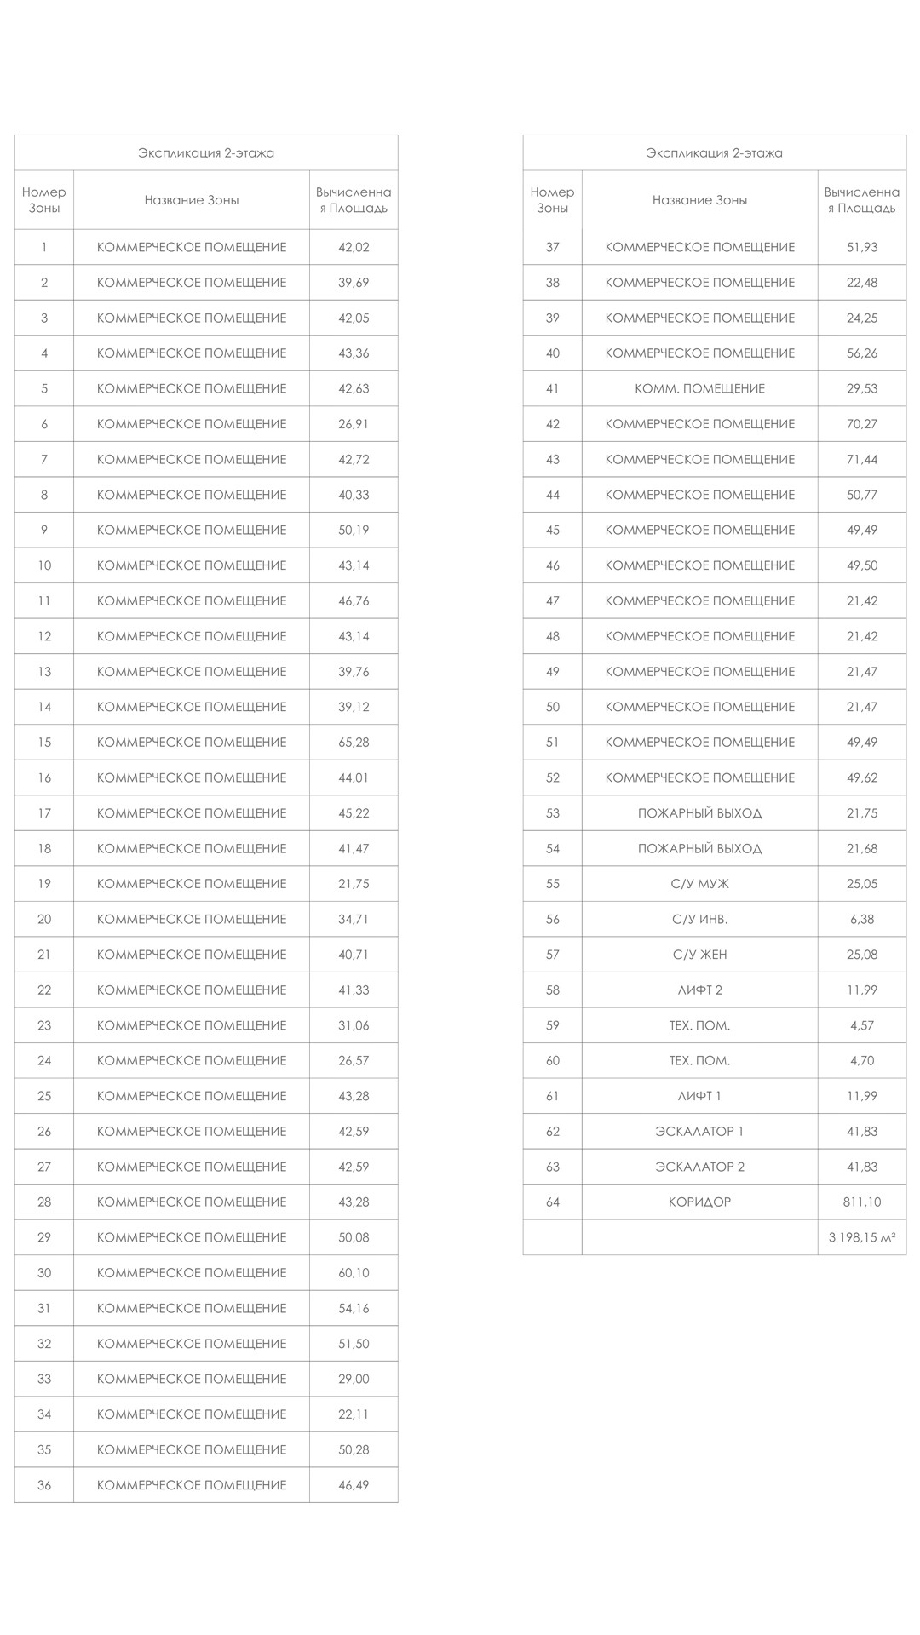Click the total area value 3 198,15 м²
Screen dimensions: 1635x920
[x=861, y=1237]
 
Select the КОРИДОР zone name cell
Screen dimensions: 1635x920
[x=699, y=1202]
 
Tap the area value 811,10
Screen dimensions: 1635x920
[x=861, y=1202]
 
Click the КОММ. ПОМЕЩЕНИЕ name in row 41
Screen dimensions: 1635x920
[x=699, y=388]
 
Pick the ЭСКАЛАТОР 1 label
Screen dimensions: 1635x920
[x=699, y=1131]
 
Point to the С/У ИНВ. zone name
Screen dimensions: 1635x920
[x=699, y=919]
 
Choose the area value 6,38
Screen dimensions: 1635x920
[x=861, y=919]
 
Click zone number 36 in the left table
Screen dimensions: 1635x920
[x=44, y=1484]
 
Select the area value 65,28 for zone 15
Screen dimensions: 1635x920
[x=354, y=742]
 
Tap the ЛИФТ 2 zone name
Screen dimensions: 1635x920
[x=699, y=990]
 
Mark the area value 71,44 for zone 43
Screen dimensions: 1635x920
[x=861, y=459]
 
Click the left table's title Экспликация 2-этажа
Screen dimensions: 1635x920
[x=206, y=153]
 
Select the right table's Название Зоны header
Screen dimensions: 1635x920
[x=699, y=200]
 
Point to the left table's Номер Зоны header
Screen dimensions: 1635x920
[x=44, y=200]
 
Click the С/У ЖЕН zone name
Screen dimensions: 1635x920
[x=699, y=954]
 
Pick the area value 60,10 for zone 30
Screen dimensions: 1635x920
[x=354, y=1272]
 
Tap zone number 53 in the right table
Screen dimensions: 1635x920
[x=553, y=812]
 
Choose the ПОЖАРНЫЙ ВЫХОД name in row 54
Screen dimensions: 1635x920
[x=699, y=848]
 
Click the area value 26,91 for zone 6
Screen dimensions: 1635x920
[x=354, y=423]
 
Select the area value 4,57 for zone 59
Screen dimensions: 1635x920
[x=861, y=1025]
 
